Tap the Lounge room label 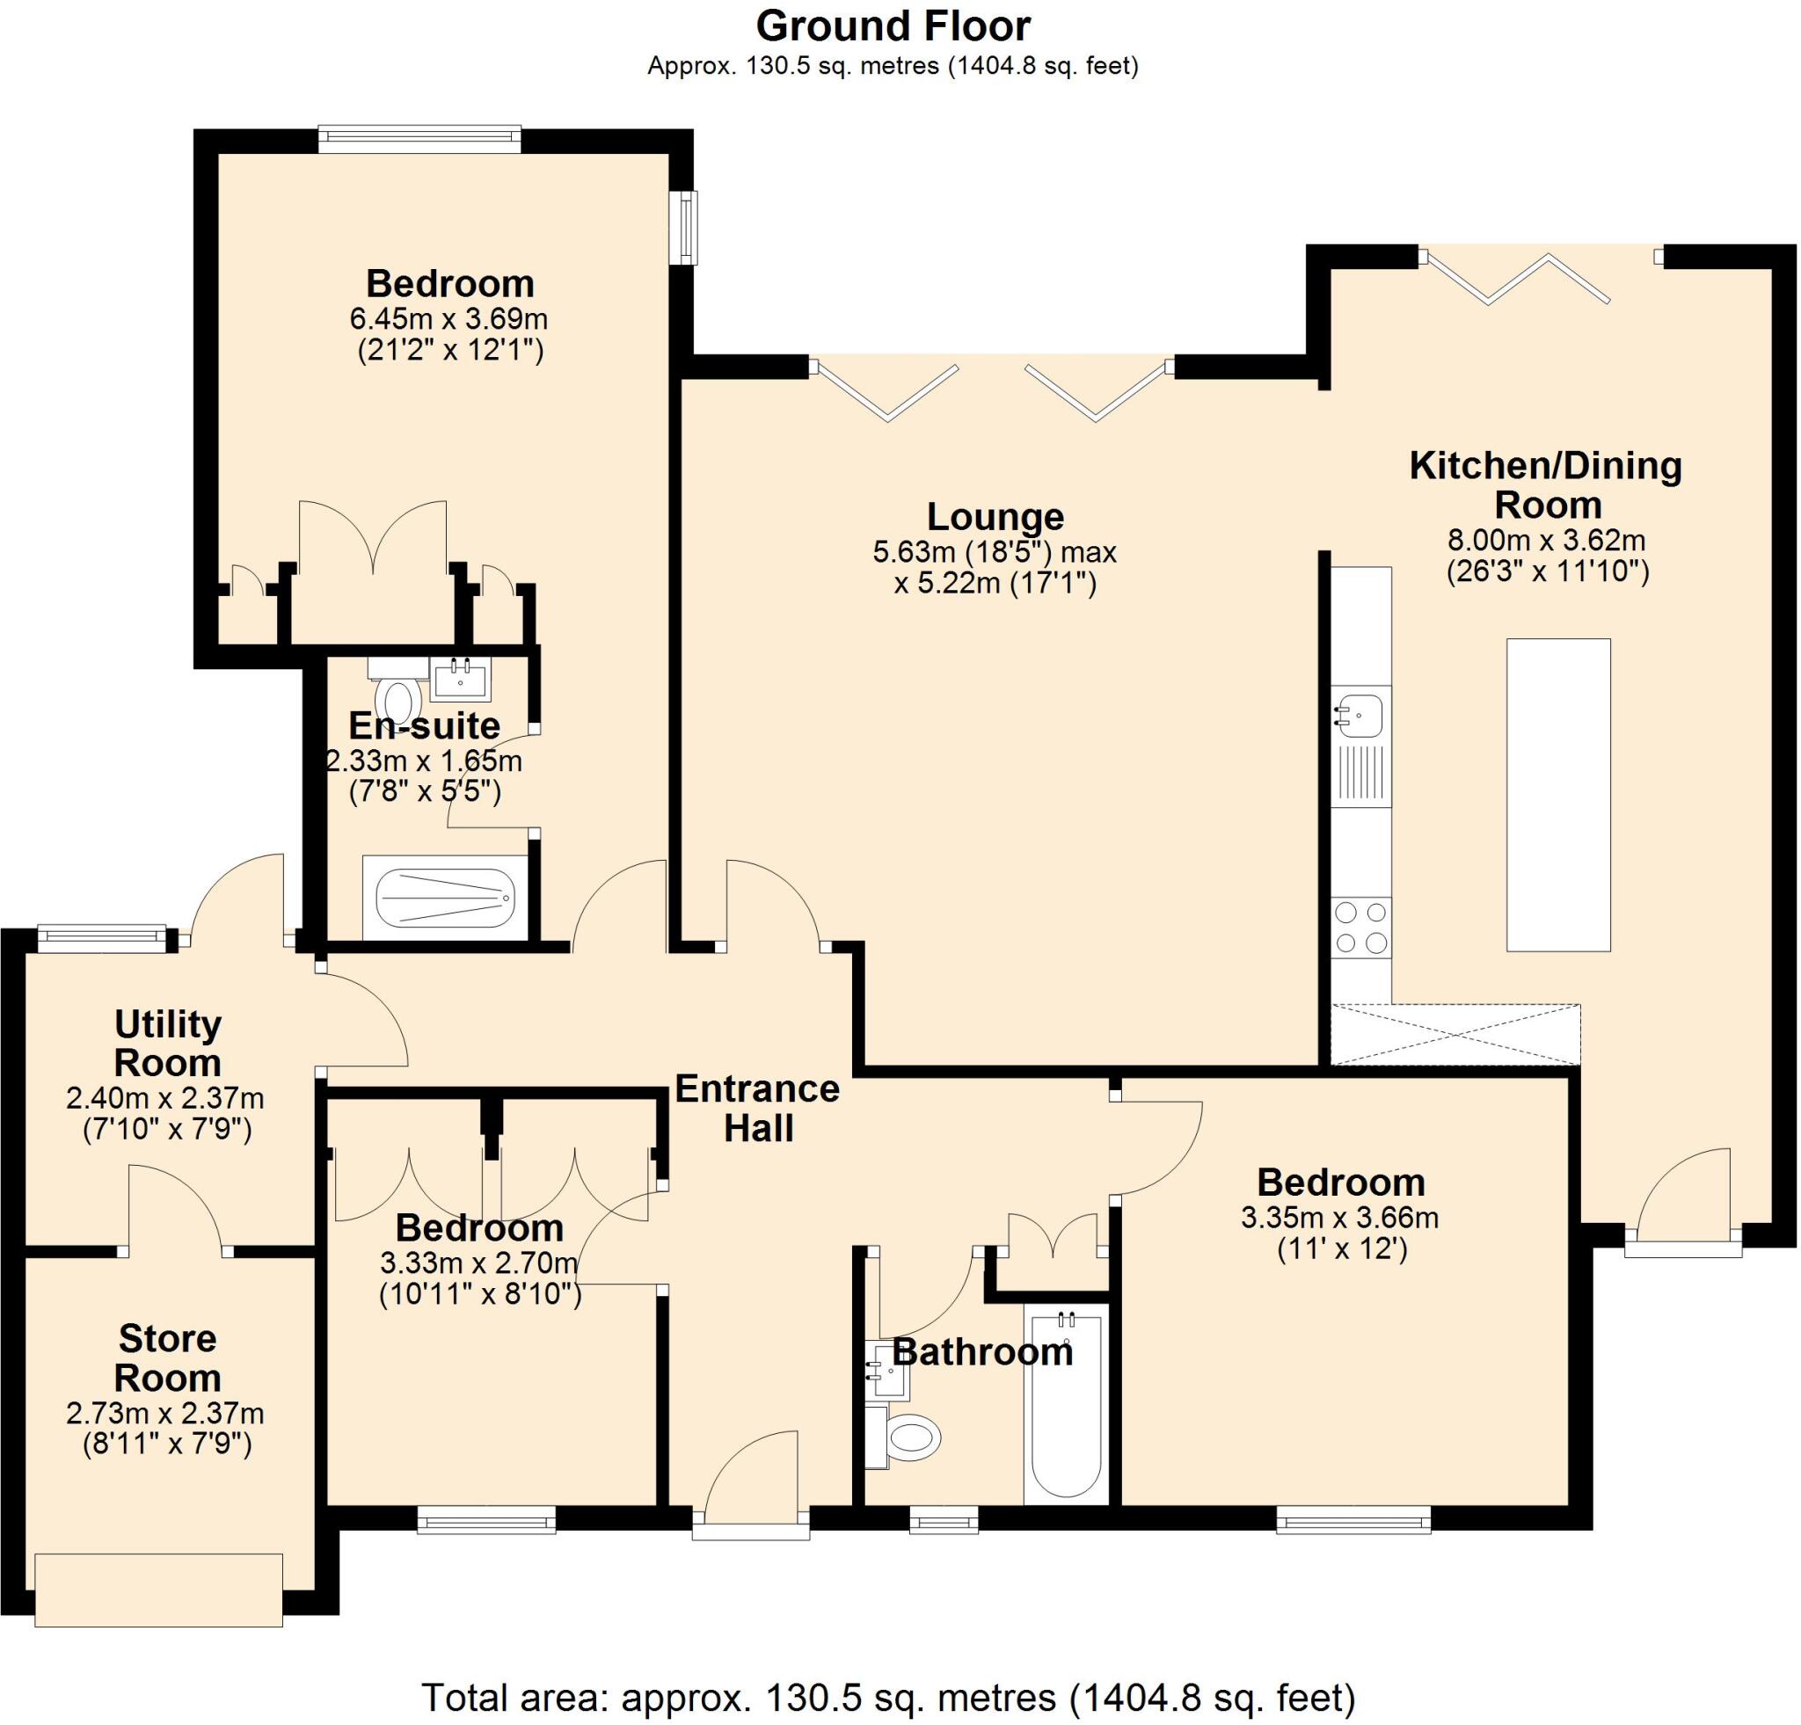995,516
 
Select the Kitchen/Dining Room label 1546,485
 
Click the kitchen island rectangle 1557,795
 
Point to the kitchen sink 1360,716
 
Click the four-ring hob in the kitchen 1360,928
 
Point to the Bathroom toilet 909,1437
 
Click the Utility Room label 167,1043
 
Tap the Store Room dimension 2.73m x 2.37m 165,1414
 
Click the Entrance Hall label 757,1108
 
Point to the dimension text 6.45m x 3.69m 448,319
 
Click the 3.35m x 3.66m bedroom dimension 1339,1218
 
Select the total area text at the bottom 887,1697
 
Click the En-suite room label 425,725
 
